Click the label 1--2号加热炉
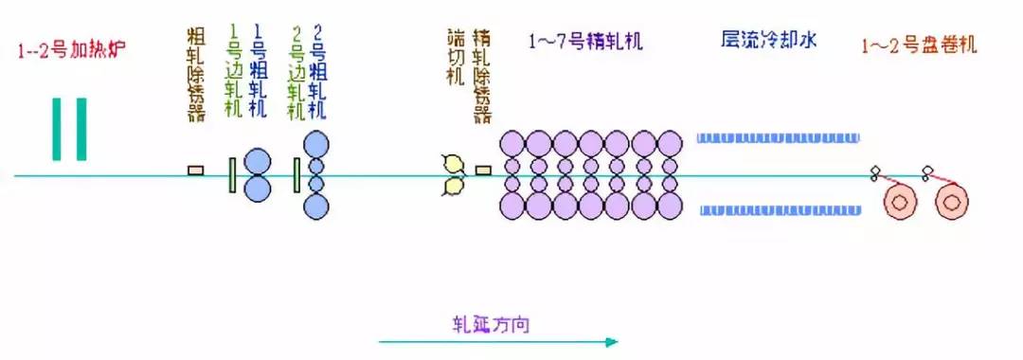point(72,47)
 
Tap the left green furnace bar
point(60,129)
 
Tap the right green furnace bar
point(81,129)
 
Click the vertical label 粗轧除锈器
point(196,74)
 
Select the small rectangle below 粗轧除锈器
point(196,170)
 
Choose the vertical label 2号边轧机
point(297,72)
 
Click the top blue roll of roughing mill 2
point(316,145)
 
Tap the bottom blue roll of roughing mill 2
point(316,207)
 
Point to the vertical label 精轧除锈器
point(482,74)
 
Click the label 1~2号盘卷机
point(919,45)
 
